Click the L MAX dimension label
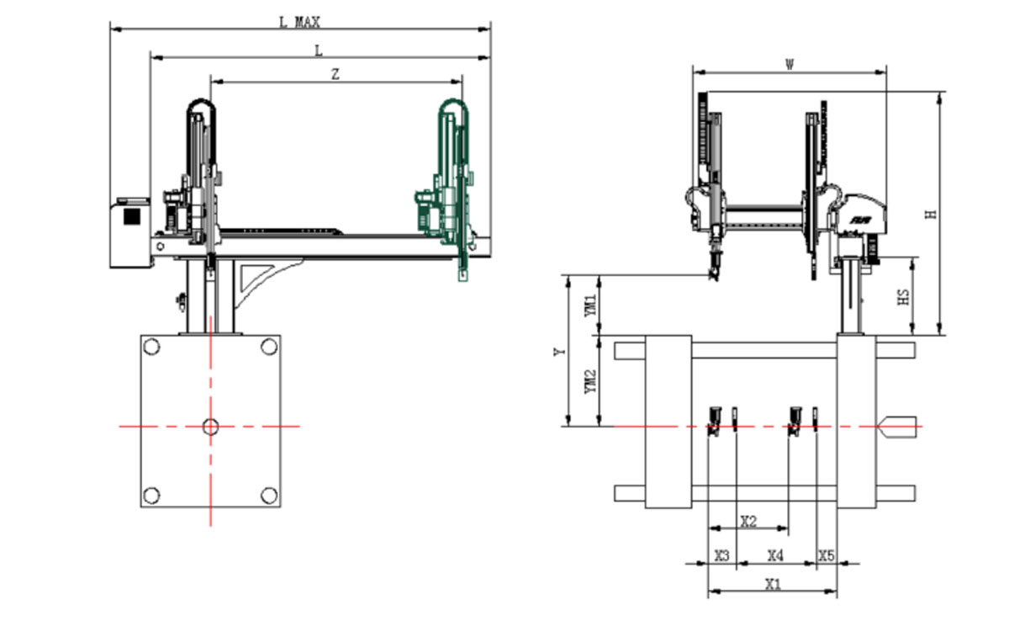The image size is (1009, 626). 300,22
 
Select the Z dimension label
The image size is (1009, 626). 335,74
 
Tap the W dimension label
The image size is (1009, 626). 790,65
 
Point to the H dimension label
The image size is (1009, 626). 931,215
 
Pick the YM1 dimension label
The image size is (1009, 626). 590,305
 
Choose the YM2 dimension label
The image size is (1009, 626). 590,381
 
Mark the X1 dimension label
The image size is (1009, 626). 773,585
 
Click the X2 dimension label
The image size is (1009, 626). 748,522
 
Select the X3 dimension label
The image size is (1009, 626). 722,555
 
